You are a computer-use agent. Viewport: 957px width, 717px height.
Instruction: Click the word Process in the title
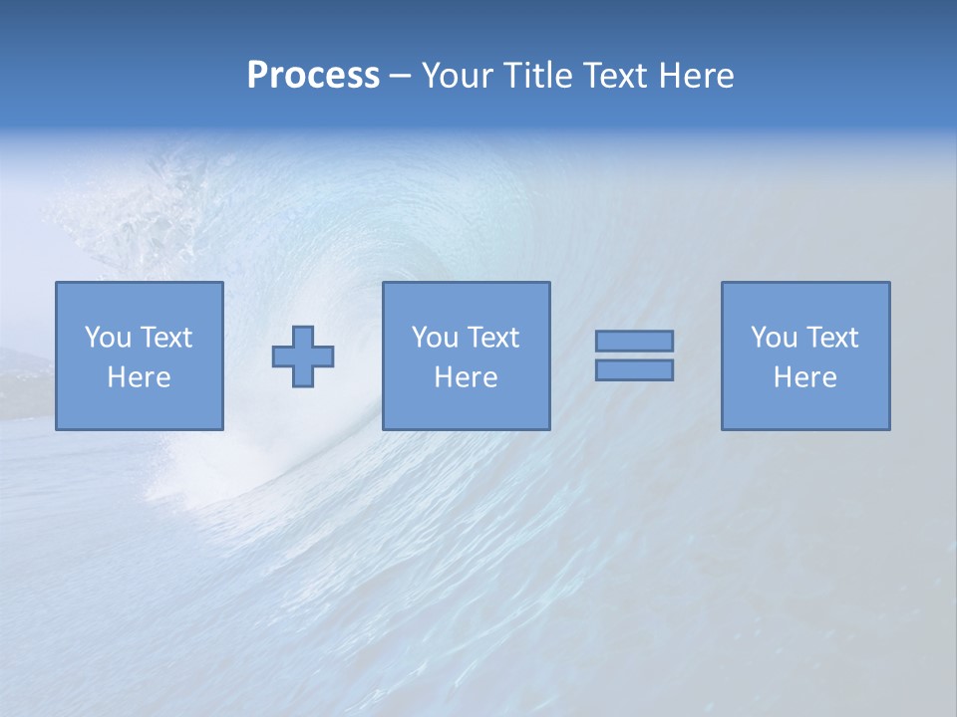click(x=313, y=76)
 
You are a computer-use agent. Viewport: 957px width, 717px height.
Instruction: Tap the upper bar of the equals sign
click(x=634, y=341)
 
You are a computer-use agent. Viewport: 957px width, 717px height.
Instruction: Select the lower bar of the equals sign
click(x=634, y=370)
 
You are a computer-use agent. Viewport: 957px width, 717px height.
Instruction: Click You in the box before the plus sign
click(x=108, y=338)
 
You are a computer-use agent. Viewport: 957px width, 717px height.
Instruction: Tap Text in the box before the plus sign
click(x=164, y=338)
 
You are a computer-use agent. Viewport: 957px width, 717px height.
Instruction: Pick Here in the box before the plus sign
click(x=139, y=377)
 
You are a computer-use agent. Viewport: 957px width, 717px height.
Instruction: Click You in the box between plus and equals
click(x=435, y=338)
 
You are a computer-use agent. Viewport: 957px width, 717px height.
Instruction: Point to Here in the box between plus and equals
click(x=466, y=377)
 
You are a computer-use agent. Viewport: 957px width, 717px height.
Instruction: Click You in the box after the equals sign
click(x=774, y=338)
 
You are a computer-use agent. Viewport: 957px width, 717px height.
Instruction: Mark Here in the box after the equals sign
click(x=804, y=377)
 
